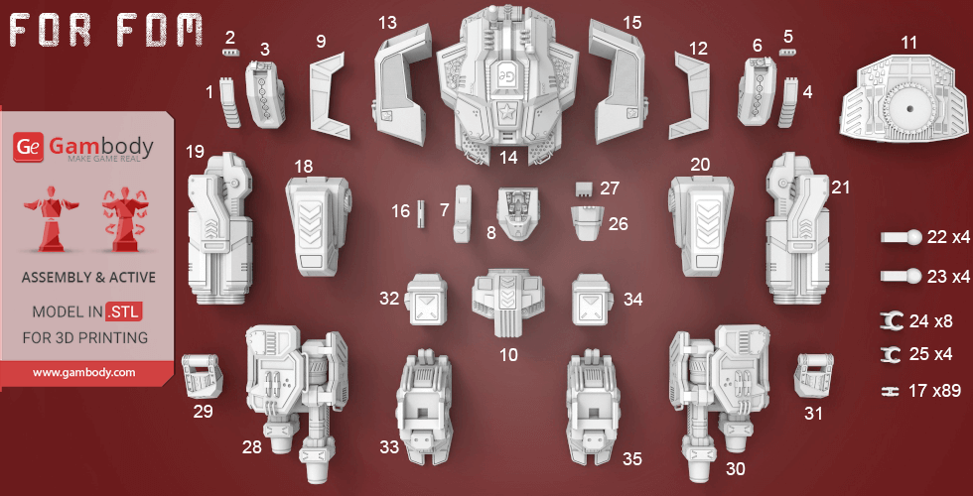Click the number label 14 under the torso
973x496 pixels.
509,157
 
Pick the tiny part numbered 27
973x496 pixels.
585,187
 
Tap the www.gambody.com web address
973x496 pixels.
83,373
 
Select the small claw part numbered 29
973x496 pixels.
202,375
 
